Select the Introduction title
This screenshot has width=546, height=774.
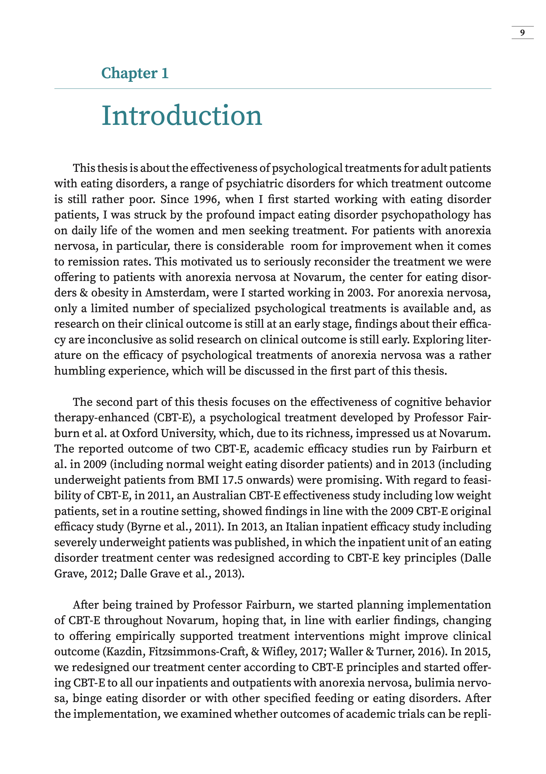[182, 116]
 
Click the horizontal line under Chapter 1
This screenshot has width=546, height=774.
[273, 89]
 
